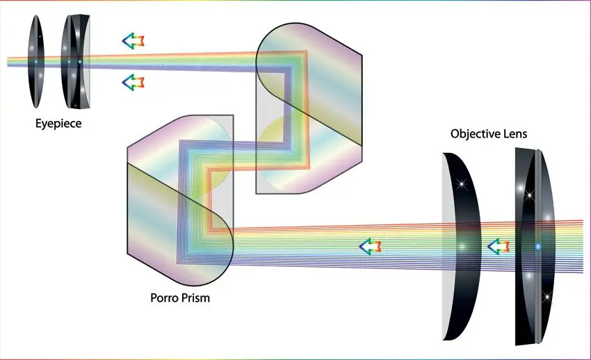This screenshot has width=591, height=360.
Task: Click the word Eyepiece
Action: click(58, 124)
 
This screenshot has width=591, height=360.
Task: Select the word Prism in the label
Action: click(195, 298)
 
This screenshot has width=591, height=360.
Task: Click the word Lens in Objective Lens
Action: click(516, 133)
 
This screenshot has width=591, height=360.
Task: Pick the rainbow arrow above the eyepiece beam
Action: click(133, 41)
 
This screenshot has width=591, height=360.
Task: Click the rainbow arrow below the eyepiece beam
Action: click(133, 82)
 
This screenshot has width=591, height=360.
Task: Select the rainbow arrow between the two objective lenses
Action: click(499, 247)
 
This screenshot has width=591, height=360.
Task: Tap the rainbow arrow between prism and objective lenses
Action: click(370, 247)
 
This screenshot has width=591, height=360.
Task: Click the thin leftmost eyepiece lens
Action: click(35, 61)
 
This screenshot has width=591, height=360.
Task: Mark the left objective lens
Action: click(462, 247)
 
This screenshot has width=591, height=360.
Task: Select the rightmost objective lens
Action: click(535, 247)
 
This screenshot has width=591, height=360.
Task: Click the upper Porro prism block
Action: click(309, 108)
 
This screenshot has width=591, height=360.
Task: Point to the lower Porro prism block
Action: click(180, 200)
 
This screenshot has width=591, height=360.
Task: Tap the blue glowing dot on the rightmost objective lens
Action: click(538, 247)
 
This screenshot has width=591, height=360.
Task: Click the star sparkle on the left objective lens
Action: click(462, 184)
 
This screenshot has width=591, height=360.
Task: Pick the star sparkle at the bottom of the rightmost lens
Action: click(547, 297)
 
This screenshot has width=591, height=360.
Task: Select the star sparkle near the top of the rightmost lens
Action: click(529, 195)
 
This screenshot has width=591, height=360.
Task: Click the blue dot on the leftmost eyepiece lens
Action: click(36, 61)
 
